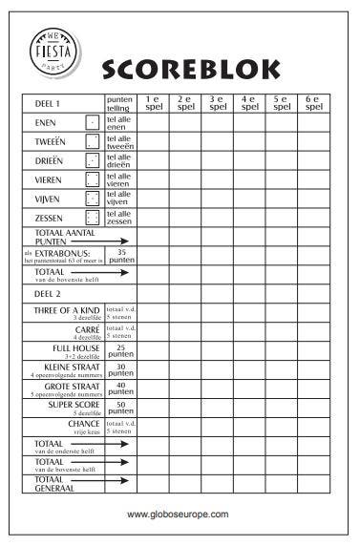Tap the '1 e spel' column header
(154, 103)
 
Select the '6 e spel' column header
(313, 103)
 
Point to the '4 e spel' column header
(249, 103)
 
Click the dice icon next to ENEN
(92, 122)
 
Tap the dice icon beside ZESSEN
(92, 218)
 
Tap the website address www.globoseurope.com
(179, 514)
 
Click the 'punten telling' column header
(120, 103)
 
